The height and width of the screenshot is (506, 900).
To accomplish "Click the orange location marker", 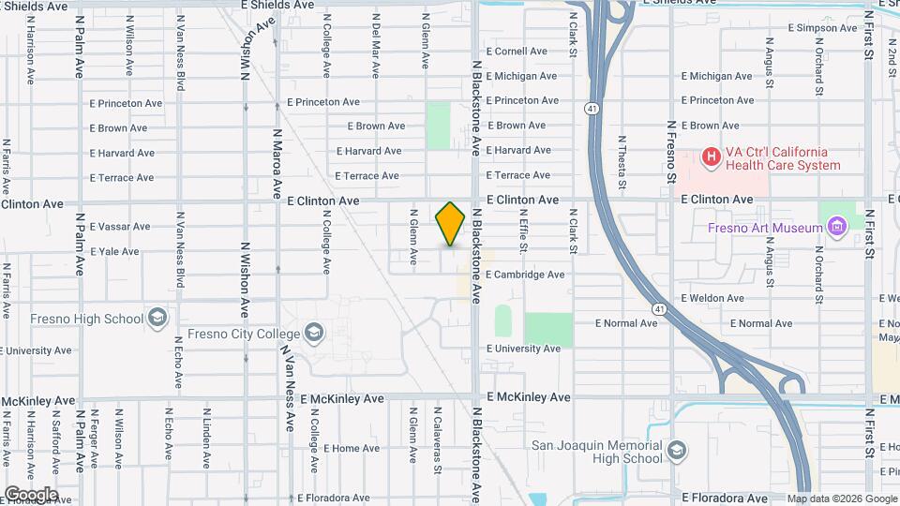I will coord(450,223).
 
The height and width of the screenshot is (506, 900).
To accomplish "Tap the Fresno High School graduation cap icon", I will coord(157,319).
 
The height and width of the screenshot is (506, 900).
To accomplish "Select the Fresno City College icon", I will coord(313,333).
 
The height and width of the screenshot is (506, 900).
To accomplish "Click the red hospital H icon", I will coord(712,157).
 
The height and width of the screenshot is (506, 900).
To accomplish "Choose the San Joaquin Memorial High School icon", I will coord(676,453).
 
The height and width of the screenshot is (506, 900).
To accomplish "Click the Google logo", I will coord(31,495).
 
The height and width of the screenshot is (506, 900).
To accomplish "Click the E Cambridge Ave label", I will coord(525,275).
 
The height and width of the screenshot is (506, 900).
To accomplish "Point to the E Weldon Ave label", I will coord(712,298).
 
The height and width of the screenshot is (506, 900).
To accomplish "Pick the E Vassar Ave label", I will coord(120,227).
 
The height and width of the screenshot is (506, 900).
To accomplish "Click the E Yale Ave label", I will coord(114,252).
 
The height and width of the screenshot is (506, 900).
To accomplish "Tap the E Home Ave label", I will coord(352,449).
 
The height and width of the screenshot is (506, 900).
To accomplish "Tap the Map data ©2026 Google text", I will coord(841,499).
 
